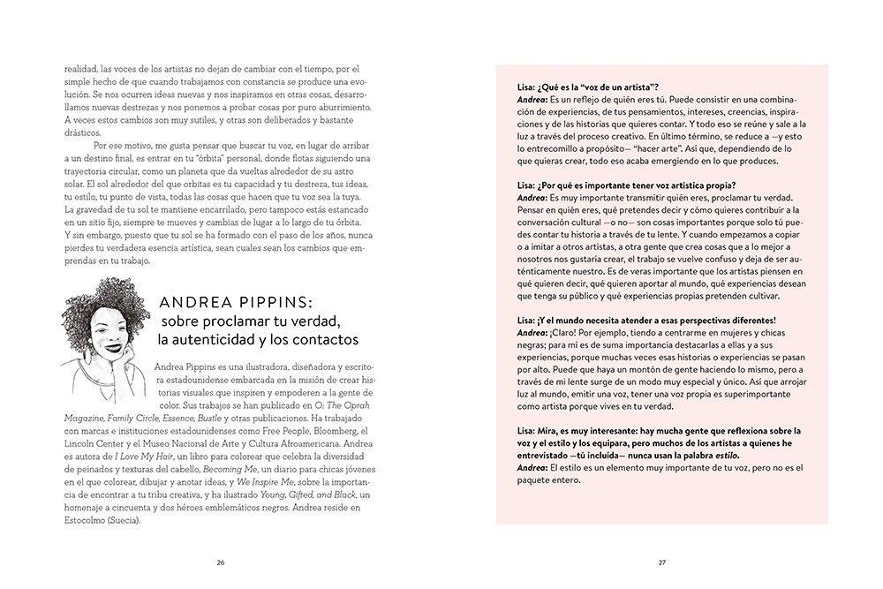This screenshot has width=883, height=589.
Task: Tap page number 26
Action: coord(221,562)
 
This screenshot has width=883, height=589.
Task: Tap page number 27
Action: coord(661,562)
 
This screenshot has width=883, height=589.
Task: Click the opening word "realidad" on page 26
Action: coord(82,68)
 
